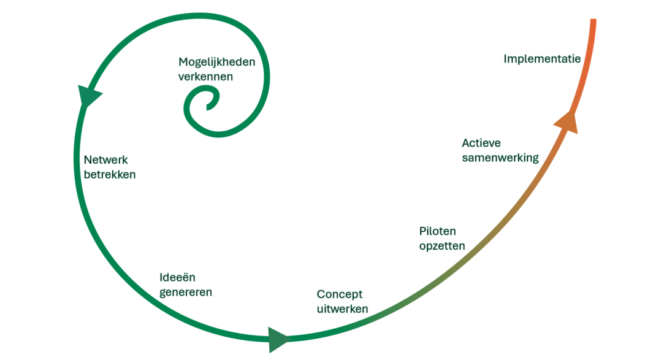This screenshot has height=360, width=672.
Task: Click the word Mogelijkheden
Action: (216, 63)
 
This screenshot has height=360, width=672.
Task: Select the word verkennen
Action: (205, 77)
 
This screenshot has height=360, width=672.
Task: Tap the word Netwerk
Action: (105, 160)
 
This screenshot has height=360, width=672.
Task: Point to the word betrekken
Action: (109, 175)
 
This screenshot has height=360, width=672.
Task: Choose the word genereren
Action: (185, 292)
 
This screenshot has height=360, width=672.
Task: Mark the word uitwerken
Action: (342, 308)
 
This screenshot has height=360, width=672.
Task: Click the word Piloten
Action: (438, 231)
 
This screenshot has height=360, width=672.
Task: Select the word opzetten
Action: (442, 246)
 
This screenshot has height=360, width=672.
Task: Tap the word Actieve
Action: (481, 143)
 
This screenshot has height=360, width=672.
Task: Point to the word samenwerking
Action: (500, 158)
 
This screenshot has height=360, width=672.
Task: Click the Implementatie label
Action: (542, 59)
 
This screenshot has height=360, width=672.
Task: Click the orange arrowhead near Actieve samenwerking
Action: (567, 120)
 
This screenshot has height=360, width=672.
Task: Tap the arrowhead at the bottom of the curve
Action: (278, 339)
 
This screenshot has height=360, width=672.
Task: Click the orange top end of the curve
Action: (593, 22)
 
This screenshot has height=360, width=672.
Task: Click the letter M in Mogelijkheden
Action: (183, 62)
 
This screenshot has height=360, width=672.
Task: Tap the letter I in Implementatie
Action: (506, 59)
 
